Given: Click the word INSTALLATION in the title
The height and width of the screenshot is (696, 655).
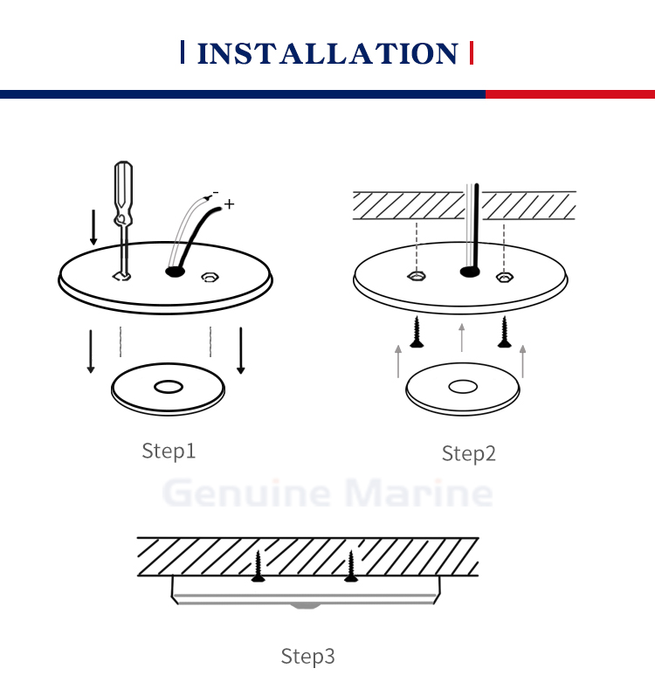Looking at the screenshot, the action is click(327, 54).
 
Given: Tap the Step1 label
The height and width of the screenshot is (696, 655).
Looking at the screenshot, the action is click(169, 451).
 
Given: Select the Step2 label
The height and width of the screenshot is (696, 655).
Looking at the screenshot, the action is click(469, 453).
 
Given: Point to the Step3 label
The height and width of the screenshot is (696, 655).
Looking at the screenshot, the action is click(307, 657).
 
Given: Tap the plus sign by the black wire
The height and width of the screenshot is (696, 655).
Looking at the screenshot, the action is click(229, 204).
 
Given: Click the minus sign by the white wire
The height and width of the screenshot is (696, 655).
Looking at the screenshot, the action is click(216, 193).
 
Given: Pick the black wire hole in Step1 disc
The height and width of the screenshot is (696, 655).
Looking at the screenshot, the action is click(175, 272).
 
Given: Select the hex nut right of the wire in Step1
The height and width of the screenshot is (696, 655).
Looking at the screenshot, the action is click(210, 278).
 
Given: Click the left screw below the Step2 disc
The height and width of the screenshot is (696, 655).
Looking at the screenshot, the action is click(417, 332).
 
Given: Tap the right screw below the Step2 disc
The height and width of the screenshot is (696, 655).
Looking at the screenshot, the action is click(504, 332).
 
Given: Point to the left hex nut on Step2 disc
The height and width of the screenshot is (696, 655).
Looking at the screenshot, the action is click(417, 277).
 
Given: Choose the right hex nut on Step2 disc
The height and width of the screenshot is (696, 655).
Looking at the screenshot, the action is click(505, 278).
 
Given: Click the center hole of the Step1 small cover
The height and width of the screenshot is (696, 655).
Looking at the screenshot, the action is click(169, 387).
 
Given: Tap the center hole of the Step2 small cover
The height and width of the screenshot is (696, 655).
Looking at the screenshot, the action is click(463, 387).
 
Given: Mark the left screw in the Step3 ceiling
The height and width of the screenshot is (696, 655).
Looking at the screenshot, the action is click(259, 567).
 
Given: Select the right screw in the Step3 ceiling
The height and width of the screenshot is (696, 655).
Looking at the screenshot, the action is click(351, 567).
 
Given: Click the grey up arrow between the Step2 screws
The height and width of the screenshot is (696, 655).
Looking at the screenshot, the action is click(461, 338).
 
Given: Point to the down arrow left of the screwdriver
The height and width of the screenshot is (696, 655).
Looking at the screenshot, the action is click(93, 227).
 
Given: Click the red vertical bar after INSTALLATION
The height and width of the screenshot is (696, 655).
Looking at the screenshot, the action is click(472, 52).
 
